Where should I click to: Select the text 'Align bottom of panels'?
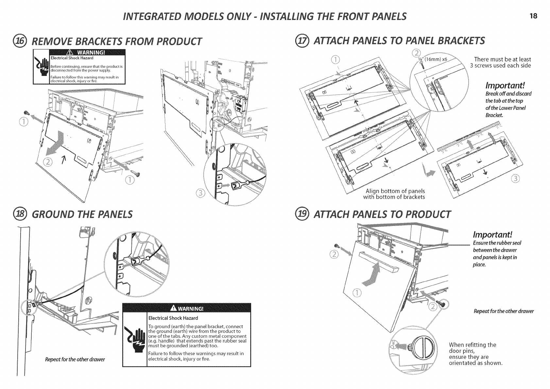coord(395,191)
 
